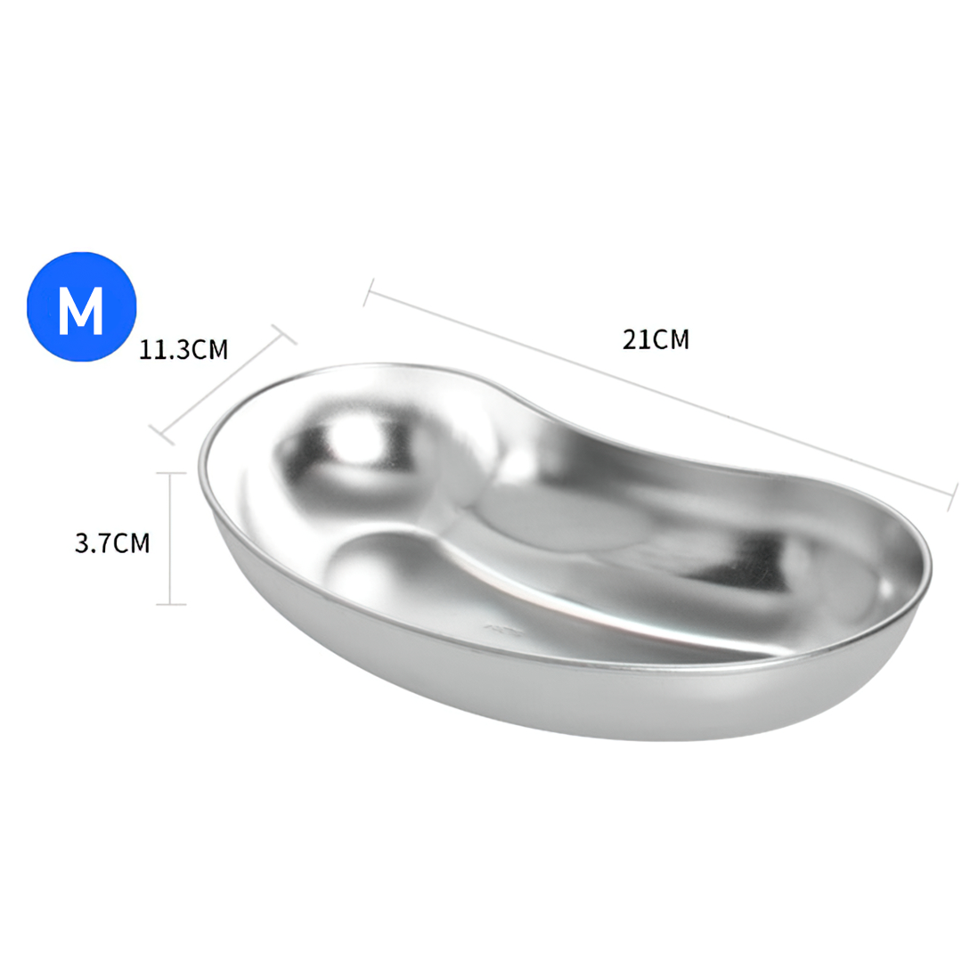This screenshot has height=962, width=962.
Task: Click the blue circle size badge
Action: [x=82, y=306]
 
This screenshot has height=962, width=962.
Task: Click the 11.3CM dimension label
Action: [x=183, y=350]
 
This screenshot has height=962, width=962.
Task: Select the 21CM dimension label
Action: [x=656, y=339]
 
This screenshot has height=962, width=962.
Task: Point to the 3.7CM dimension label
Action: [x=112, y=543]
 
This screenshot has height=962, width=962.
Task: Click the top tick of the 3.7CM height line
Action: [x=170, y=473]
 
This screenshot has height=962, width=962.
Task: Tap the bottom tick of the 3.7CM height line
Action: [x=170, y=604]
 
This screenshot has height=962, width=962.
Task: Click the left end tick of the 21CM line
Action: [x=369, y=292]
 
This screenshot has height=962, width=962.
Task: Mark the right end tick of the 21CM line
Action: [x=952, y=497]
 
